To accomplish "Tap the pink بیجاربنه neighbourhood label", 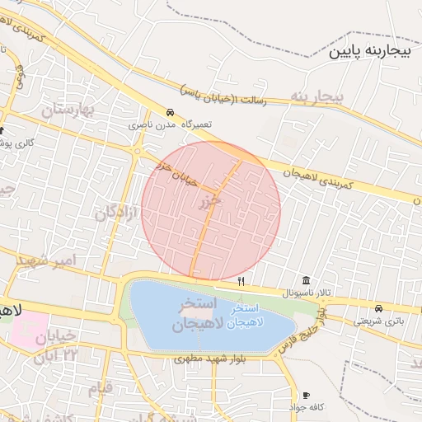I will coord(316,97).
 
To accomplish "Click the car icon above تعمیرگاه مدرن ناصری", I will coord(170,112).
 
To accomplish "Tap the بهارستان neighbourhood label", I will coord(67,110).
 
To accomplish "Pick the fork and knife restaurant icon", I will coord(241,281).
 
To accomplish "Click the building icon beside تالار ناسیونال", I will coord(306,280).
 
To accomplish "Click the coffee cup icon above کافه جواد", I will coord(307,396).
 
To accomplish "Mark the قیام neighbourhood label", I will coord(98,388).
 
